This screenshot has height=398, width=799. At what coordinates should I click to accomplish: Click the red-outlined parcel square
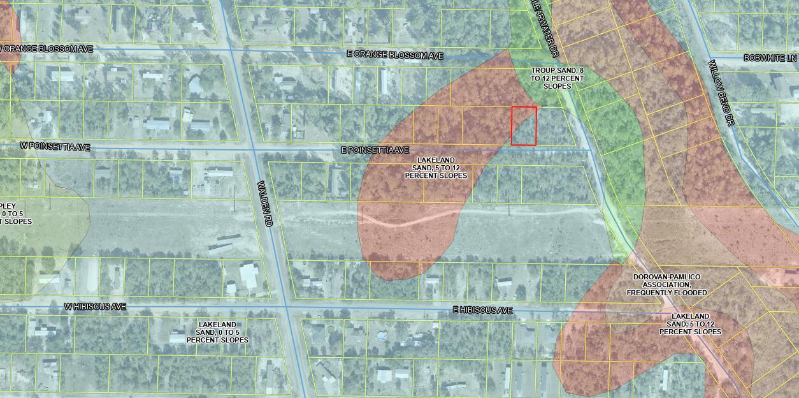[524, 126]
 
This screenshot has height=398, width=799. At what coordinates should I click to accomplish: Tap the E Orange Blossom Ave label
[395, 56]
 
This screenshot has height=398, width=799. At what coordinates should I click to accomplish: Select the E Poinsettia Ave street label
[375, 150]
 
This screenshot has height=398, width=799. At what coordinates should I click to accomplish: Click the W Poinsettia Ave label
[55, 147]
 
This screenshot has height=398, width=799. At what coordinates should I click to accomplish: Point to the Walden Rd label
[266, 203]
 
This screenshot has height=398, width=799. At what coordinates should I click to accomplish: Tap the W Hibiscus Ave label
[95, 307]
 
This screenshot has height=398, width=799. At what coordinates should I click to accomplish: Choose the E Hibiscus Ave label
[482, 311]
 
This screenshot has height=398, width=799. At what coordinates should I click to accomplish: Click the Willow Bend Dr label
[722, 92]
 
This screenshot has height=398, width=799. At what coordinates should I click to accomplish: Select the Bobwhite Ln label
[770, 58]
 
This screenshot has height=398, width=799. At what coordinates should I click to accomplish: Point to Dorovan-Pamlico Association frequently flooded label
[666, 284]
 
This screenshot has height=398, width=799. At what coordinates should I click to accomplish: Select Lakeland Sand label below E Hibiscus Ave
[690, 324]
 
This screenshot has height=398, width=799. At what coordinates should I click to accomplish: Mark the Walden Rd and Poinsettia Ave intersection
[254, 149]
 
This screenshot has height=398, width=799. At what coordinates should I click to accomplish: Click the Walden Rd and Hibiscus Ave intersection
[287, 308]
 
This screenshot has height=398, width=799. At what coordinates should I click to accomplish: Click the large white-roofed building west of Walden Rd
[248, 275]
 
